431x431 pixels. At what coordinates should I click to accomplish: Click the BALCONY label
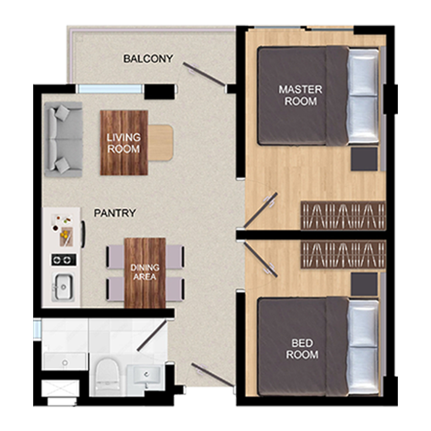coord(148,59)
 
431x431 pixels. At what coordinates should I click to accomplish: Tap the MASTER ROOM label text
coord(301,95)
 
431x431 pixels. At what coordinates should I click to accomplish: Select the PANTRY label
coord(115,213)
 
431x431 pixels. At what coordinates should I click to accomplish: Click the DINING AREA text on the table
coord(145,272)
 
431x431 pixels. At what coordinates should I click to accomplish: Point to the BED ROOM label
coord(302,349)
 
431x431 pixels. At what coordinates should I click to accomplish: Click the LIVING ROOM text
coord(124,143)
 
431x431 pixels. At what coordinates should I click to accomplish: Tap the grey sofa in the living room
coord(63,139)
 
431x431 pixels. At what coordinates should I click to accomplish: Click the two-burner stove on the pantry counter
coord(64,260)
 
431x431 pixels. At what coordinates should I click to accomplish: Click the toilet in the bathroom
coord(107,376)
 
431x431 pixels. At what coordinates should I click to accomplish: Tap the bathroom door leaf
coord(152,335)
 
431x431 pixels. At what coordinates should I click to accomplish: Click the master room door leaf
coord(260,211)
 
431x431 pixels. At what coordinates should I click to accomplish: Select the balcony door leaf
coord(204,74)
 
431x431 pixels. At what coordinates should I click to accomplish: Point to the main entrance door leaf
coord(213,375)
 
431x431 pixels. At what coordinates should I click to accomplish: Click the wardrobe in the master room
coord(343,215)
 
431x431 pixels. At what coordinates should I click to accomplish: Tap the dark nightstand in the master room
coord(364,159)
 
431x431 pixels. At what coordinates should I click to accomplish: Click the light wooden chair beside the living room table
coord(160,142)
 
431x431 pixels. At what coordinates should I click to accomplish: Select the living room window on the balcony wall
coord(110,89)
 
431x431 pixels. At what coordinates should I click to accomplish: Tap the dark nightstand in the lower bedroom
coord(364,285)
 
